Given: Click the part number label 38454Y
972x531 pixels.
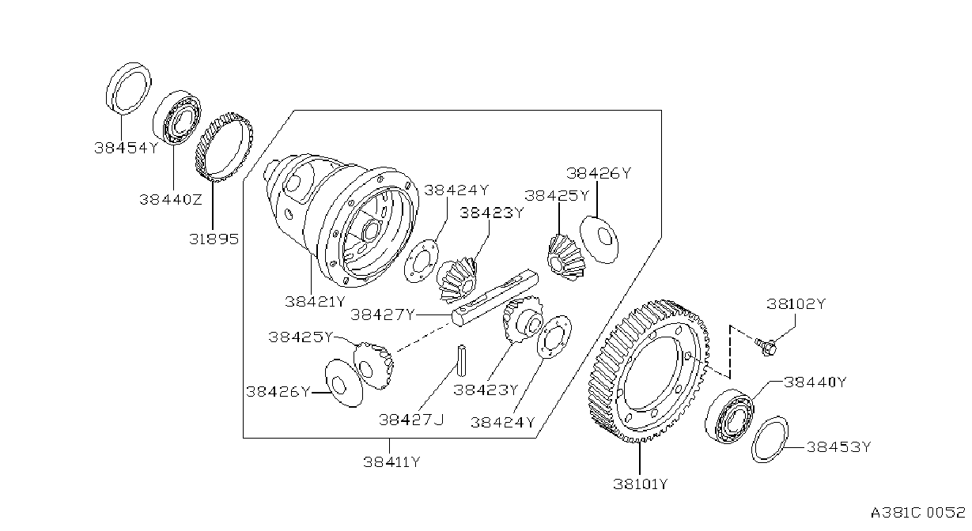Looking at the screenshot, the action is [x=127, y=149].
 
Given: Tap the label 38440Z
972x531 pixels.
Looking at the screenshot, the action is [x=171, y=200].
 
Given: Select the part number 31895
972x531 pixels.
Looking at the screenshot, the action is [x=214, y=239].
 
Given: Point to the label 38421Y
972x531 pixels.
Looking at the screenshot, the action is [x=315, y=302].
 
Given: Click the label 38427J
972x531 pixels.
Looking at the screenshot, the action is [x=412, y=420].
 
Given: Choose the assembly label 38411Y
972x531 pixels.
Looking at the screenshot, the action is [x=391, y=462].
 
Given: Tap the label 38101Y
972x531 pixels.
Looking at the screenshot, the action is [x=640, y=484].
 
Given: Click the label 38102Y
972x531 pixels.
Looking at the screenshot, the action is [x=796, y=304].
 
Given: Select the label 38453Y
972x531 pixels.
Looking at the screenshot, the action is [x=839, y=447].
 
